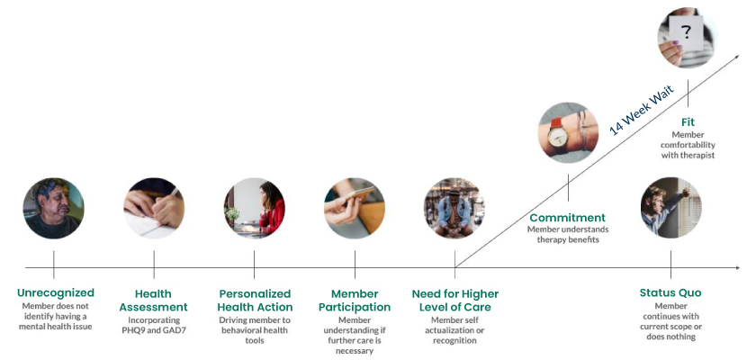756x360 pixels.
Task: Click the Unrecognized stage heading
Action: click(56, 292)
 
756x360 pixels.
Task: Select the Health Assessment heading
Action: click(153, 301)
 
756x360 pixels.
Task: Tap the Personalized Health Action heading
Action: click(255, 301)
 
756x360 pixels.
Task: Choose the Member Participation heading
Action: click(355, 301)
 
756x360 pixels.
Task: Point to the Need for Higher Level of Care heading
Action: click(455, 301)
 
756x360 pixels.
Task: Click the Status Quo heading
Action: click(670, 292)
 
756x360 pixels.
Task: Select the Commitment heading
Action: click(568, 218)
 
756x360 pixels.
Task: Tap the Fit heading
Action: click(688, 122)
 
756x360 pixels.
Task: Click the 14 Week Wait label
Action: click(642, 111)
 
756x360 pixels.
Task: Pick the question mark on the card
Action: click(686, 32)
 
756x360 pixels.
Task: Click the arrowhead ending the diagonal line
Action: click(736, 58)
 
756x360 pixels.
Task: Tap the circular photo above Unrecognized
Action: click(53, 208)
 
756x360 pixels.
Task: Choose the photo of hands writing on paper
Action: click(154, 208)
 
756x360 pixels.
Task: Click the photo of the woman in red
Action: click(255, 208)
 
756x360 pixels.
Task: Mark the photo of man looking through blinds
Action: click(671, 208)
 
